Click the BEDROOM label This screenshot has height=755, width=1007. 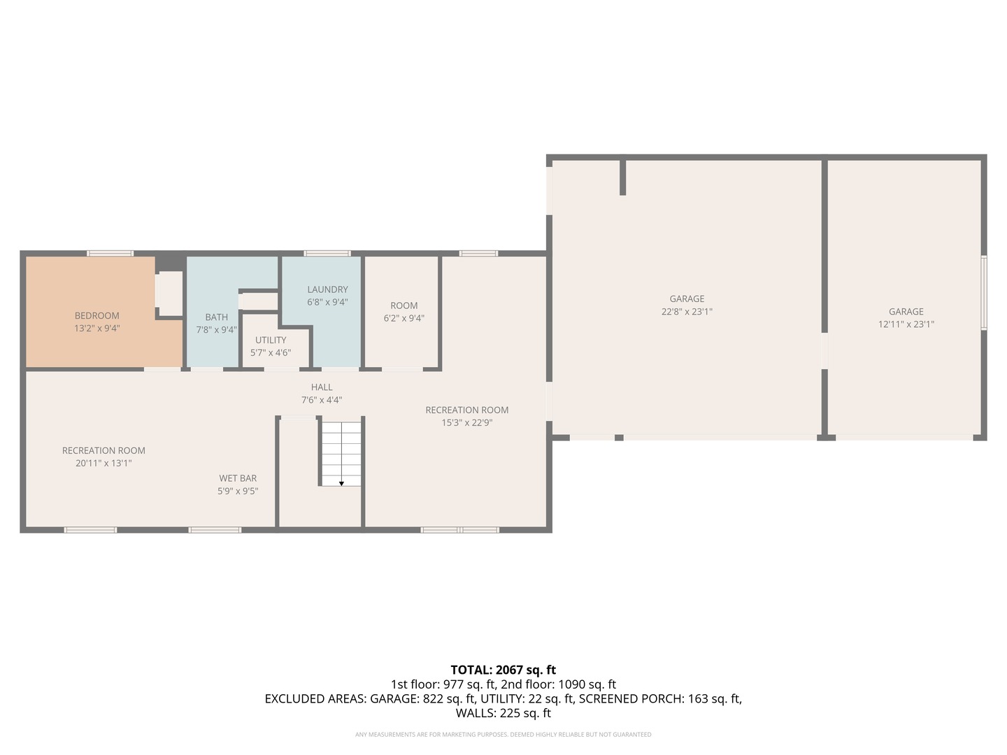tap(97, 315)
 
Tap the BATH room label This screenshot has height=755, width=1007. tap(216, 317)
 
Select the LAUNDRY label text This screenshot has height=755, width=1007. tap(327, 289)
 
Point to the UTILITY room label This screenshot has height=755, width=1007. tap(271, 340)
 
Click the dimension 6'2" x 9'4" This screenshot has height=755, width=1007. tap(403, 318)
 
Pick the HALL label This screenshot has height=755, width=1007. tap(322, 387)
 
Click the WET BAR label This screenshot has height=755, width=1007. tap(238, 478)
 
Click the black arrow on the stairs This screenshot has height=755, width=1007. tap(341, 483)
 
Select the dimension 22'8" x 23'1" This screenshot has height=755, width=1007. tap(687, 312)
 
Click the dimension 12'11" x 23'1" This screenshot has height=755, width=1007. tap(906, 324)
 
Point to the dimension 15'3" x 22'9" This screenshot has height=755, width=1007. tap(466, 422)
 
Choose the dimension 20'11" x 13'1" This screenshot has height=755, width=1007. tap(103, 463)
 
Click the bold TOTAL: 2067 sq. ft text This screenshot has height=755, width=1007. tap(503, 670)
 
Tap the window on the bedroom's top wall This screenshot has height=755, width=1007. tap(110, 253)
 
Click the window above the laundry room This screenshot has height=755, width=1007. tap(327, 253)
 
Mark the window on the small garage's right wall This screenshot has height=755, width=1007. tap(983, 292)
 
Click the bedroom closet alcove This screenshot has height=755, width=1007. tap(169, 294)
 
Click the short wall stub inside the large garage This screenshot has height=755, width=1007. tap(622, 178)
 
